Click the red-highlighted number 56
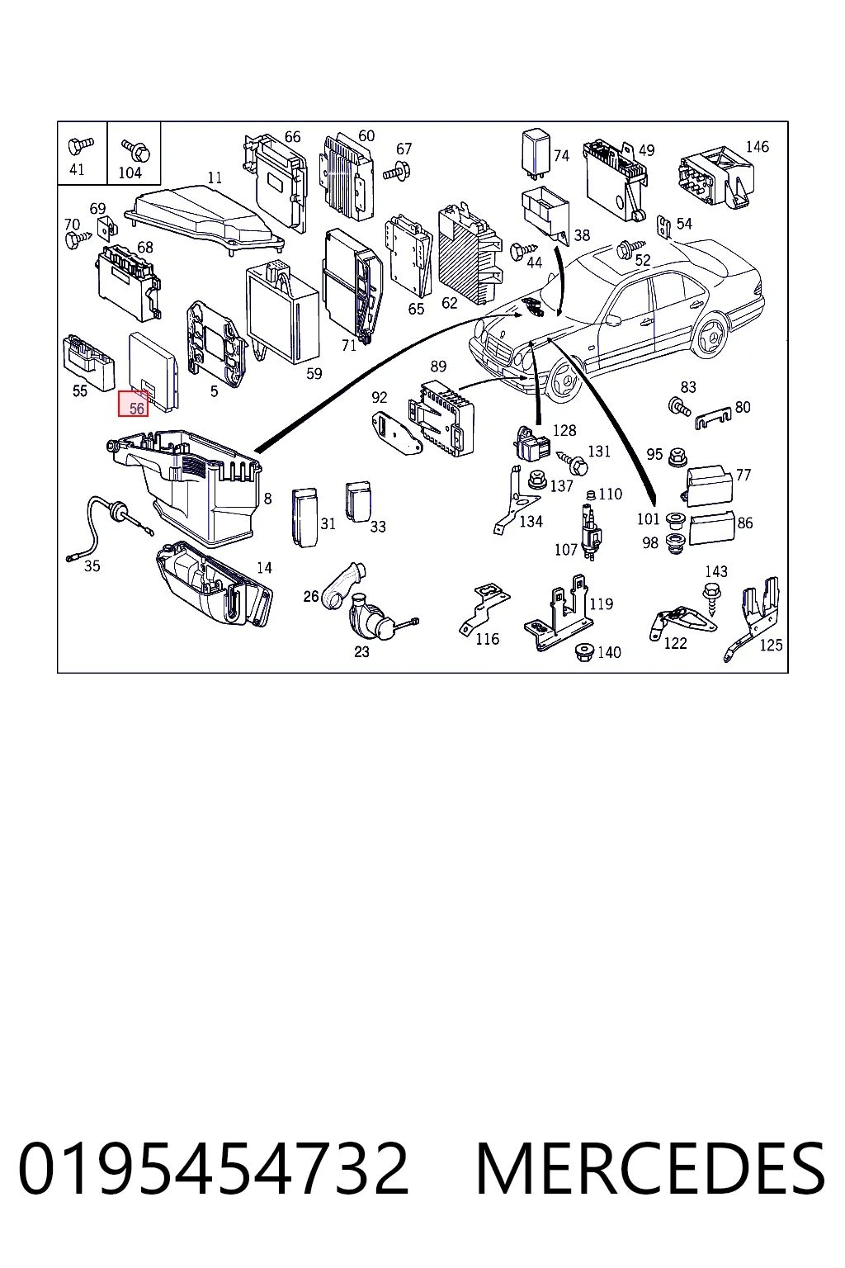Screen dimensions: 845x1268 (x=137, y=408)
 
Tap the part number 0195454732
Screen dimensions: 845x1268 (x=213, y=1168)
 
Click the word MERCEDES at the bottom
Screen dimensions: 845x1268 (x=649, y=1168)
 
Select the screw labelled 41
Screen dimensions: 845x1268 (x=79, y=147)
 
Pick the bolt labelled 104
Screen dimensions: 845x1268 (x=136, y=149)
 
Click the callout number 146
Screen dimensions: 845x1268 (x=757, y=147)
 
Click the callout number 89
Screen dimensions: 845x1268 (x=438, y=367)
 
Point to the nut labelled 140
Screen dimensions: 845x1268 (x=583, y=652)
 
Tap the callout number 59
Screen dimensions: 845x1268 (x=314, y=374)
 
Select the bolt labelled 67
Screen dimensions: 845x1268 (x=397, y=170)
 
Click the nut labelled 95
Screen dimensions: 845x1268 (x=677, y=457)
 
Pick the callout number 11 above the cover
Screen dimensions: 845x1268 (x=215, y=177)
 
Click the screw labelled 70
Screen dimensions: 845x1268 (x=78, y=239)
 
